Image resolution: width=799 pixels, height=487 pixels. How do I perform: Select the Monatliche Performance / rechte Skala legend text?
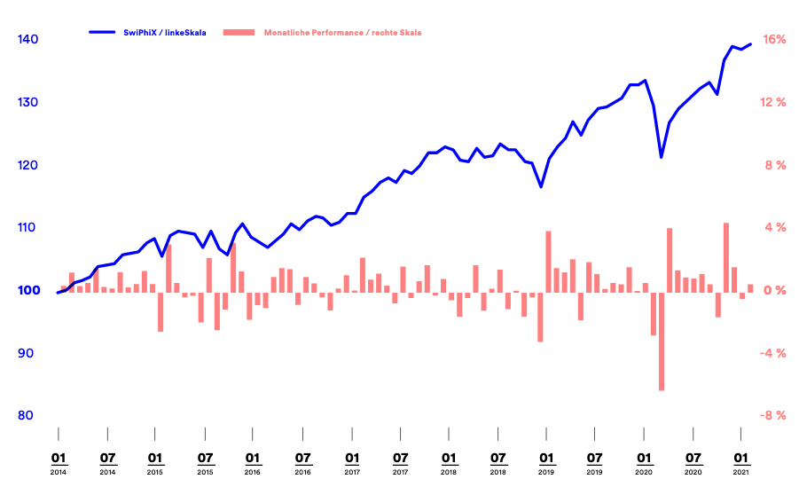pyautogui.click(x=342, y=33)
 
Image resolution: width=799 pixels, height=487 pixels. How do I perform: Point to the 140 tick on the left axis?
pyautogui.click(x=27, y=40)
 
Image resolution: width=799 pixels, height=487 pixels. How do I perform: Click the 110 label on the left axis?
pyautogui.click(x=27, y=228)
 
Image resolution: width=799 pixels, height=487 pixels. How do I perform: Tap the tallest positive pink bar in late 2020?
pyautogui.click(x=726, y=257)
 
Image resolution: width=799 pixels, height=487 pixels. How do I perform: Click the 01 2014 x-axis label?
pyautogui.click(x=59, y=463)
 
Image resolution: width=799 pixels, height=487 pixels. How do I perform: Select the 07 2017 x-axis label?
pyautogui.click(x=400, y=463)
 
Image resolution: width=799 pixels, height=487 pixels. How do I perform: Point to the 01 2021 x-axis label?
pyautogui.click(x=741, y=463)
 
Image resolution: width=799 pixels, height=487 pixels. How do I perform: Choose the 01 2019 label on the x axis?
pyautogui.click(x=546, y=463)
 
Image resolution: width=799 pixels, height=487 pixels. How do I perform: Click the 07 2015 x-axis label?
pyautogui.click(x=205, y=463)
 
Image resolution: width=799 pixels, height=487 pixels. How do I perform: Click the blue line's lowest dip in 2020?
pyautogui.click(x=662, y=157)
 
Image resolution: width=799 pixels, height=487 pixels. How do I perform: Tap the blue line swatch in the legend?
pyautogui.click(x=104, y=33)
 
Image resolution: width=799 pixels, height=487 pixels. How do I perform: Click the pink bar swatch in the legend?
pyautogui.click(x=239, y=33)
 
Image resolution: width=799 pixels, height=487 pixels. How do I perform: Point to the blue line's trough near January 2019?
pyautogui.click(x=541, y=186)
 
